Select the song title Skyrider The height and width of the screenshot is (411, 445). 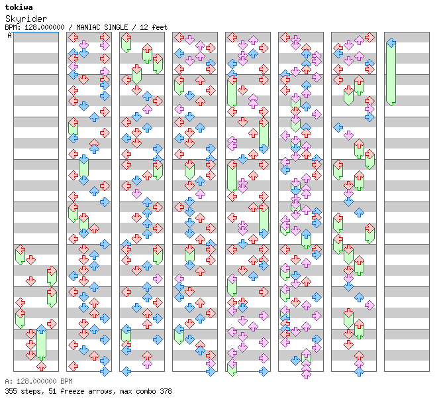(x=26, y=19)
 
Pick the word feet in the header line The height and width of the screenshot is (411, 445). (x=160, y=27)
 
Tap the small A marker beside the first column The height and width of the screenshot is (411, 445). (x=10, y=35)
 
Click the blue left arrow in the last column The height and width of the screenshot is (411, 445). (x=391, y=43)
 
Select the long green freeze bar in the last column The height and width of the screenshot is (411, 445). (x=391, y=73)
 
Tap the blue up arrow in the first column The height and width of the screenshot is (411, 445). (x=41, y=329)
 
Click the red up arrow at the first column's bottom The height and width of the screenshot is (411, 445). (x=41, y=366)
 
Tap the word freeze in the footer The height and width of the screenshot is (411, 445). (x=67, y=391)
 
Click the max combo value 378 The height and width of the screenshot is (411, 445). (x=166, y=391)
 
